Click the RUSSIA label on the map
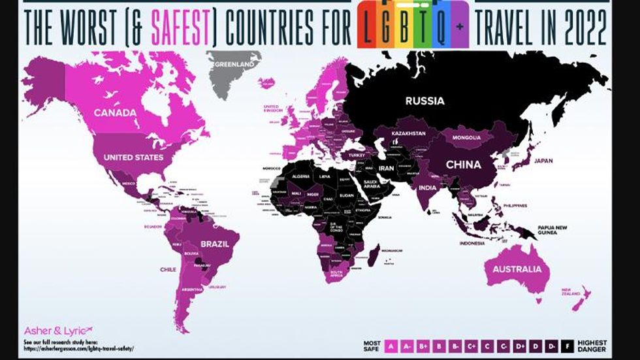(x=424, y=101)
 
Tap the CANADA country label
(x=115, y=112)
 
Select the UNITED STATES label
(x=133, y=157)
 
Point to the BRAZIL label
(x=214, y=243)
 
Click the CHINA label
(x=463, y=165)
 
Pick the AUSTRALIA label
(x=517, y=269)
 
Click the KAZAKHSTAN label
(x=409, y=133)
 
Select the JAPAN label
(x=543, y=160)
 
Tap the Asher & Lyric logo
(x=58, y=329)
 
